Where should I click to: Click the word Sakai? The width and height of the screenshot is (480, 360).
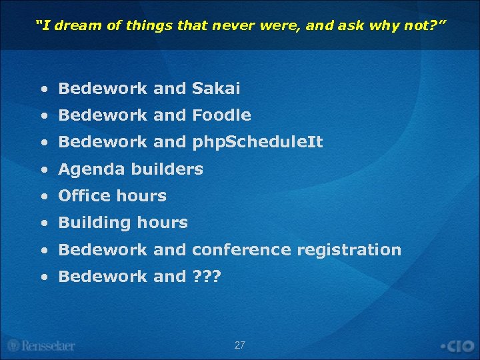pos(216,89)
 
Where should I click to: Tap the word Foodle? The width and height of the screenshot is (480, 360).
pos(221,115)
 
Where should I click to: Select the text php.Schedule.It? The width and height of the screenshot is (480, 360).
pos(257,142)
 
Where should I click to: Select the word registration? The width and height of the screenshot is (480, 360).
pos(349,250)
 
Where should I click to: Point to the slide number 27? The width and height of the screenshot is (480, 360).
pos(240,345)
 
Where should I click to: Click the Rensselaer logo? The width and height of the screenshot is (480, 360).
pos(41,345)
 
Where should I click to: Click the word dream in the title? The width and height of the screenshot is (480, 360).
pos(71,26)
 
